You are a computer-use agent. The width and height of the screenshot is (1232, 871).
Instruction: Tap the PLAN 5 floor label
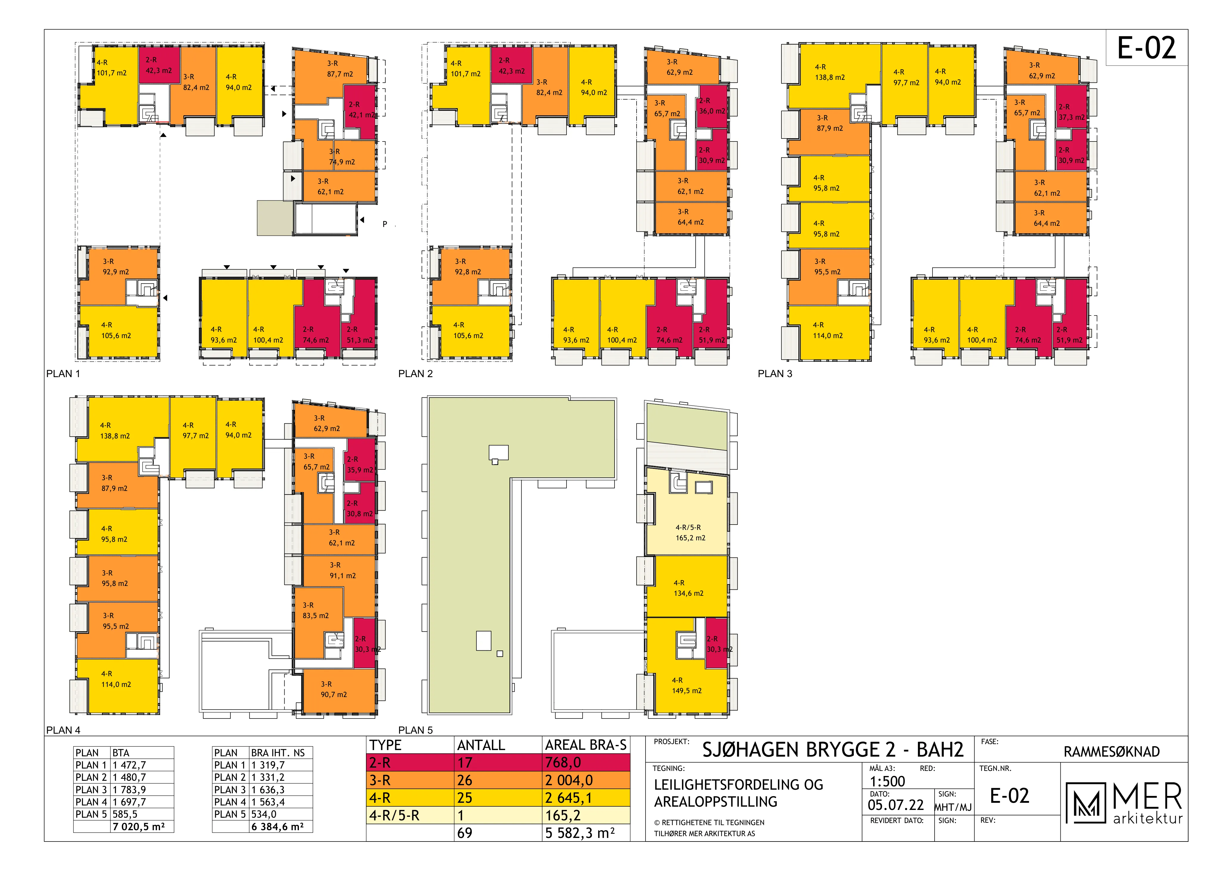click(415, 730)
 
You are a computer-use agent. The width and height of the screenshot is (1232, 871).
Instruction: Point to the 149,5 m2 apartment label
click(687, 691)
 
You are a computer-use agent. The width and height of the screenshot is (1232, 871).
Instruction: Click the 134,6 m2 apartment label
click(688, 593)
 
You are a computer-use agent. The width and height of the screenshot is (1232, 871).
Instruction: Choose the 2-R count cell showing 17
click(465, 763)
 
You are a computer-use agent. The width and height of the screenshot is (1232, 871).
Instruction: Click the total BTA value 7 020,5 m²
click(139, 827)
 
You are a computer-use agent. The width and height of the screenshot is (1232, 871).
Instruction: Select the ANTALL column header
click(481, 745)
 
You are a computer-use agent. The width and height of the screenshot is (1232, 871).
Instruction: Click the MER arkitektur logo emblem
click(1085, 802)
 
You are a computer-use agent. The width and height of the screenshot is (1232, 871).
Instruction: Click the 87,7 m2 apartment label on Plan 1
click(340, 74)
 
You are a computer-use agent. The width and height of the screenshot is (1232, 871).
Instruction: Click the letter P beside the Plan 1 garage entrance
click(385, 224)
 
